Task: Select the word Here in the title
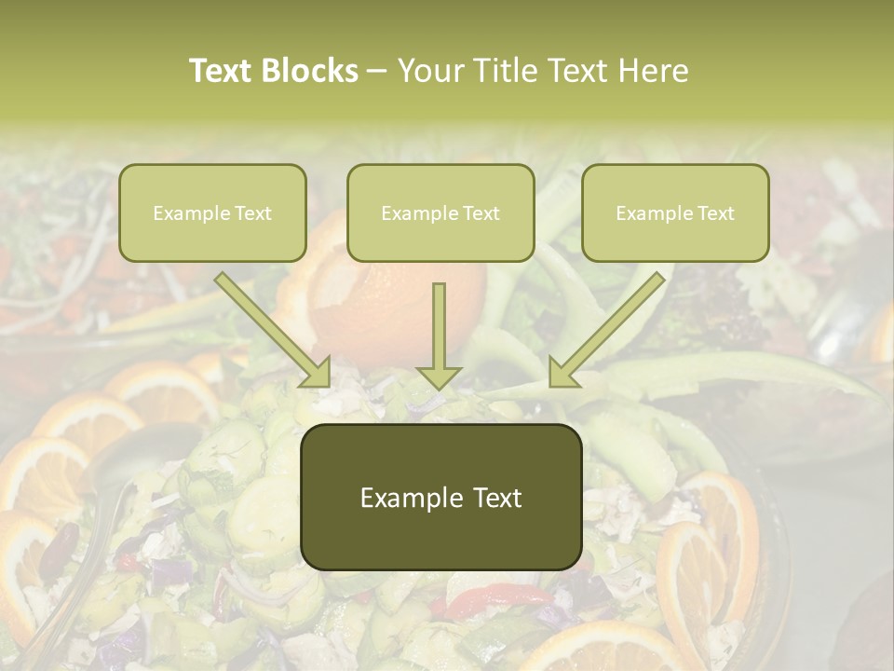656,70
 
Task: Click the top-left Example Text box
212,212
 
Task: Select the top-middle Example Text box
440,212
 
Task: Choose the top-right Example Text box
675,212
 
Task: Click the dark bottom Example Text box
440,497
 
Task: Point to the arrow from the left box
270,325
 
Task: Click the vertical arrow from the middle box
439,326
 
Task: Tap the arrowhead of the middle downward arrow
439,376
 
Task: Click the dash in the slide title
377,72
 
